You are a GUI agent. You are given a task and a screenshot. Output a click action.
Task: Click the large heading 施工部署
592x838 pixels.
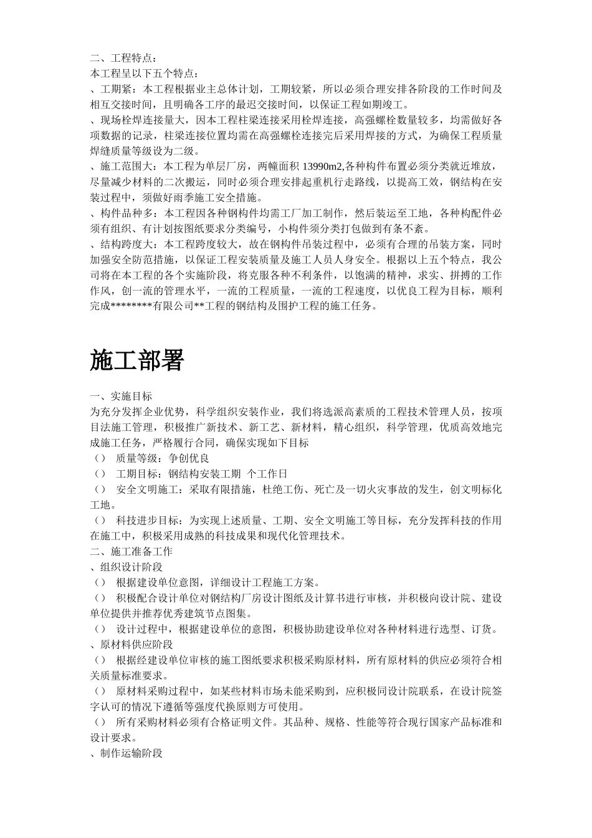click(136, 361)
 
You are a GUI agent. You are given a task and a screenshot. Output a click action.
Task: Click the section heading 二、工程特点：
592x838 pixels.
click(120, 58)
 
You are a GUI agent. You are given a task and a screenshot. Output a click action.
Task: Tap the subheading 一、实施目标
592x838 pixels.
click(121, 396)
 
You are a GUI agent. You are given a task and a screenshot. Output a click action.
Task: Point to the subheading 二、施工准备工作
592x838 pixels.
click(131, 551)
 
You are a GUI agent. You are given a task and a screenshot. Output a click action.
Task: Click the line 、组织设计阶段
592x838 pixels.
click(127, 567)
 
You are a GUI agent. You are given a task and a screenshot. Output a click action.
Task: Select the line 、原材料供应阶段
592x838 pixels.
click(131, 644)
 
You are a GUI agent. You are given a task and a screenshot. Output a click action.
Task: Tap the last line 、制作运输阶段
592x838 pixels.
click(127, 753)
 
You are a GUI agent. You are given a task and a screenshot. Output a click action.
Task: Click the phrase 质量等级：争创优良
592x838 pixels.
click(154, 458)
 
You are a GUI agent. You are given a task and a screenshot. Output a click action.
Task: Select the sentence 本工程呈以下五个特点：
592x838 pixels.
click(145, 74)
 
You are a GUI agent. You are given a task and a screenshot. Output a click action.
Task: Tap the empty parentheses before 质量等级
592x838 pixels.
click(99, 458)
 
